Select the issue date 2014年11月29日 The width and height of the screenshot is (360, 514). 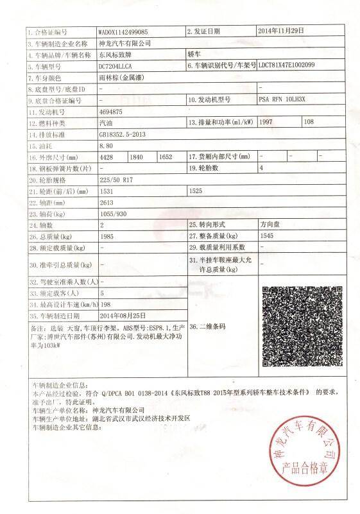coord(280,31)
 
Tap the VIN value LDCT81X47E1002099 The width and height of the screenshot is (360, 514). coord(287,66)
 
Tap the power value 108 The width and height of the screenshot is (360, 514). coord(308,123)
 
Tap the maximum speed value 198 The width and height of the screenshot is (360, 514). coord(107,304)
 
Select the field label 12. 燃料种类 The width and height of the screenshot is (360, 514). coord(49,123)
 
